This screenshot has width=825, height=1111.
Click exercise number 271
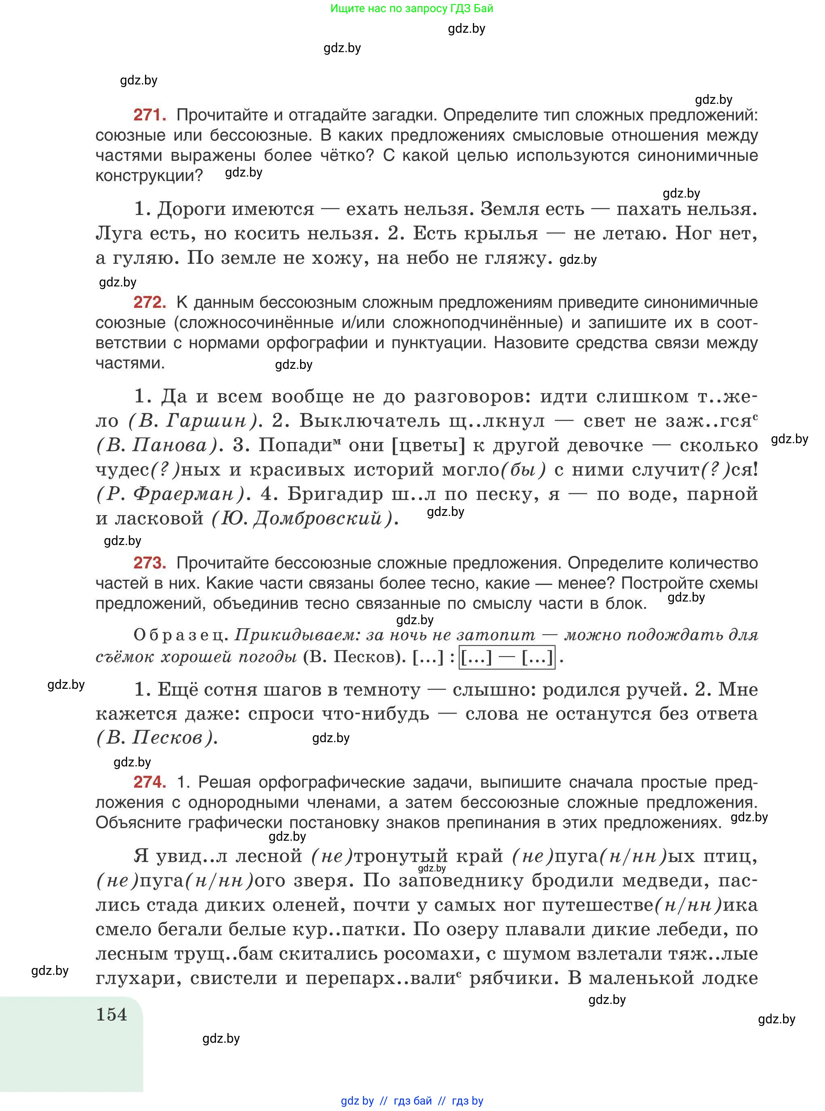click(149, 116)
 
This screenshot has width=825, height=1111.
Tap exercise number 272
click(149, 303)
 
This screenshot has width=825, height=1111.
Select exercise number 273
click(149, 564)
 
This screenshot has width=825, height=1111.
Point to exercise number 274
click(149, 782)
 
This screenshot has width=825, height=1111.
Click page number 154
click(111, 1014)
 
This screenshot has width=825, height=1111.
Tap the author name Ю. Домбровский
click(302, 518)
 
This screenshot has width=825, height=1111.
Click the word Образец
click(180, 635)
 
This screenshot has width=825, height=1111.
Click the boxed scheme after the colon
click(507, 657)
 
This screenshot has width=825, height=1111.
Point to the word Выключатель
click(369, 421)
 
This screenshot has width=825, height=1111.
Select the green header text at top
click(411, 8)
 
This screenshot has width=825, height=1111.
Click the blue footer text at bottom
click(411, 1101)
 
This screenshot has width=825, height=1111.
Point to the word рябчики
click(514, 978)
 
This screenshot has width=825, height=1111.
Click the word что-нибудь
click(376, 714)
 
